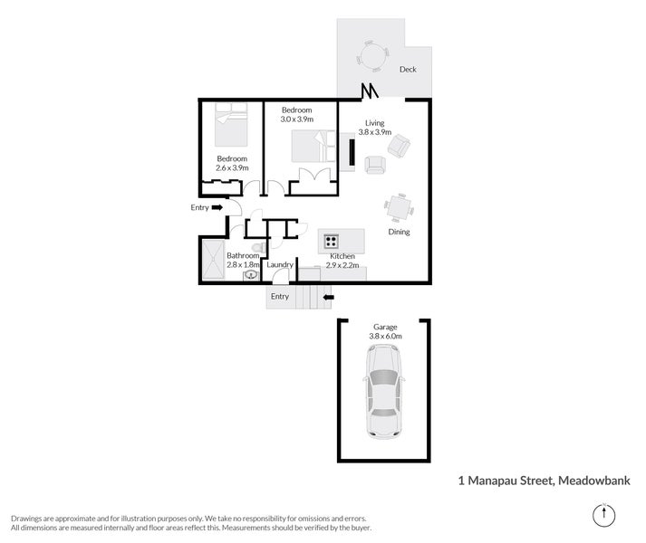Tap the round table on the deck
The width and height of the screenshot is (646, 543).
[372, 56]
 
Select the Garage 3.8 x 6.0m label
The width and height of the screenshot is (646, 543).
[385, 331]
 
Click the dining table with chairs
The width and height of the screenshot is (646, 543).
[399, 207]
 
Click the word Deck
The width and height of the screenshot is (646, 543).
[408, 69]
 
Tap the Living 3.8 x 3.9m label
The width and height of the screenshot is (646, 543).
[374, 128]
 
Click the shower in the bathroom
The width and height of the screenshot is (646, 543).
[214, 261]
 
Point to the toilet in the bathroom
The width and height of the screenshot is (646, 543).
[256, 245]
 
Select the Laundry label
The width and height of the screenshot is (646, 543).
[280, 265]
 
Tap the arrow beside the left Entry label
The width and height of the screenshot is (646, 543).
[217, 208]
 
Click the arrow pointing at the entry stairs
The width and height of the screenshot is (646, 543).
[328, 296]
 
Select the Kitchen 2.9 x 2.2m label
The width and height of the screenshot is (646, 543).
[342, 262]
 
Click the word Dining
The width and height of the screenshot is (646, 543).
[399, 232]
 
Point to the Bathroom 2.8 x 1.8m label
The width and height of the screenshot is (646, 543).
[243, 261]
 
